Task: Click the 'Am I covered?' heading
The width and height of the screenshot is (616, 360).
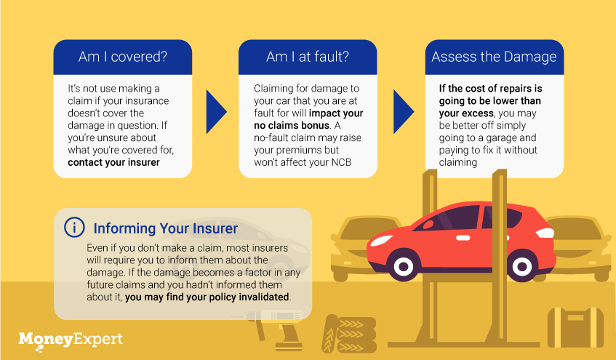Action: coord(123,57)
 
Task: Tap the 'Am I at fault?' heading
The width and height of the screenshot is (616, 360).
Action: coord(308,57)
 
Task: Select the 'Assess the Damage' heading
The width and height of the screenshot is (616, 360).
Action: coord(495,57)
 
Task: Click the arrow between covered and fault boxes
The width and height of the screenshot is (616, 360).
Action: coord(216,111)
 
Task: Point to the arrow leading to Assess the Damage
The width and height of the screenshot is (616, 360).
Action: coord(404,111)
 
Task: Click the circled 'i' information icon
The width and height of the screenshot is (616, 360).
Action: coord(74,228)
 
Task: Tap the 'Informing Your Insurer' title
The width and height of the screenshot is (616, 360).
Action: coord(165,228)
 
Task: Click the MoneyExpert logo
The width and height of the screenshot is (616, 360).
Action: coord(71,340)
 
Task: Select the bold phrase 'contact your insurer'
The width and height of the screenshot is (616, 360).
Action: coord(113,162)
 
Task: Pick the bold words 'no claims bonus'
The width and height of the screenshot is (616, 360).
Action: coord(292,125)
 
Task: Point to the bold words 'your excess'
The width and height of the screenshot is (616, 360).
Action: coord(466,113)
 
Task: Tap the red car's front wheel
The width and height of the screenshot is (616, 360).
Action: coord(404,266)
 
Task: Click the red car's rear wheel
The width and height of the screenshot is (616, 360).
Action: coord(521,266)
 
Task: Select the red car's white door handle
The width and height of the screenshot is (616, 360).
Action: coord(463,238)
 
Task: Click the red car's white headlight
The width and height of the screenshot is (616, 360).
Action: coord(382,240)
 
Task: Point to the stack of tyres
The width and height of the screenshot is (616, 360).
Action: coord(349,334)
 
